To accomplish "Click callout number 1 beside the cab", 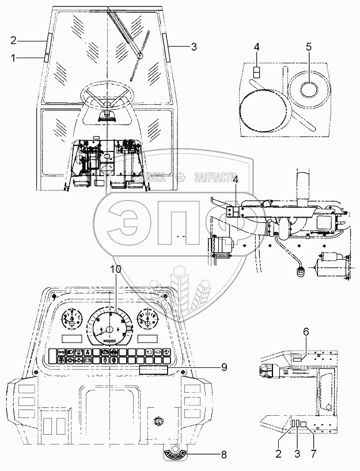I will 13,57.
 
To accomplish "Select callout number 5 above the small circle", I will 308,47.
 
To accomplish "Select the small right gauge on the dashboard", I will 148,320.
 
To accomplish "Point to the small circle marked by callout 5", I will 308,88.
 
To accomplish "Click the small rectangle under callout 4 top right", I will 257,72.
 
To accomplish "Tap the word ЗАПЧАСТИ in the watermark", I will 217,178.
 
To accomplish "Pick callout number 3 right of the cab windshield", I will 194,46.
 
